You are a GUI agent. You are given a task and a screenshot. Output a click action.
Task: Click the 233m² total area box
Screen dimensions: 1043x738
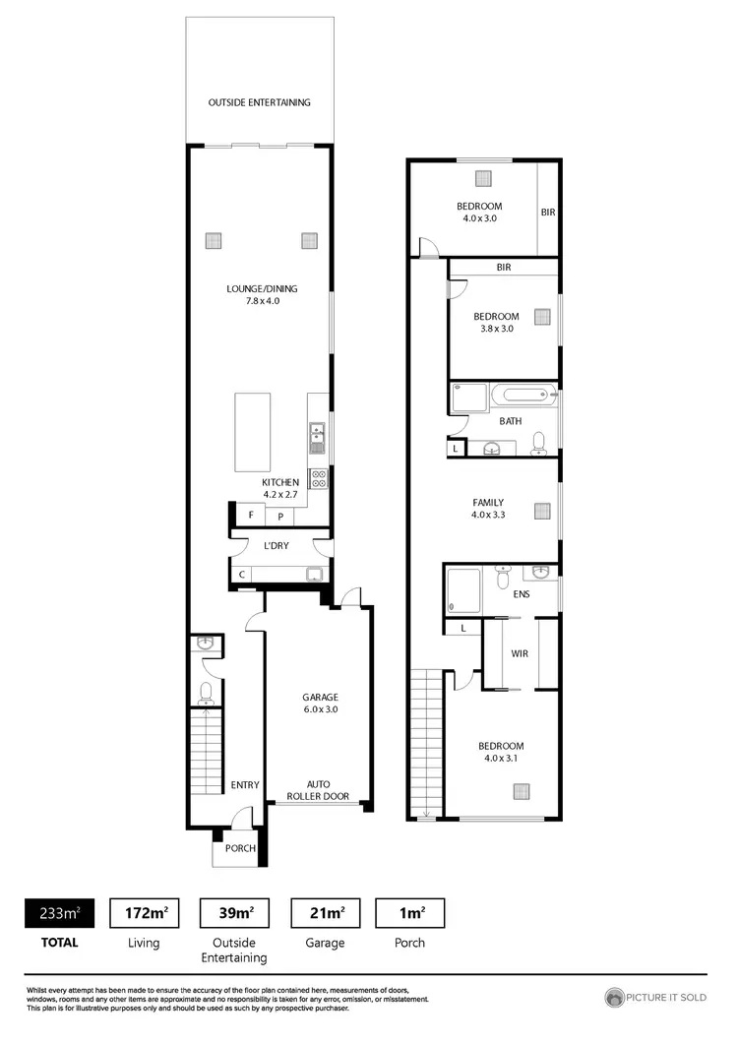[x=59, y=913]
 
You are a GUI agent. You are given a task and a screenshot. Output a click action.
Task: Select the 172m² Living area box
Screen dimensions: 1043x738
[x=144, y=913]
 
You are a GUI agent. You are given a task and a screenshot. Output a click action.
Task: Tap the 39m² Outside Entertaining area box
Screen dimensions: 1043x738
[x=234, y=913]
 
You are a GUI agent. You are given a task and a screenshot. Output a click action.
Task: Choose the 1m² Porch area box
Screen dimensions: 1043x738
[x=410, y=913]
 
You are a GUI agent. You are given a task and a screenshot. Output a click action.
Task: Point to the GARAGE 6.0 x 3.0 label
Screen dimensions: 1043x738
[x=320, y=703]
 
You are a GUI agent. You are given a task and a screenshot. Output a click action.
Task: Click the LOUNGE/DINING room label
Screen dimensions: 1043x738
[x=262, y=294]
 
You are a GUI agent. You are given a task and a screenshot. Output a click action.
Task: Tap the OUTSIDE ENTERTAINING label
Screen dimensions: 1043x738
[x=260, y=102]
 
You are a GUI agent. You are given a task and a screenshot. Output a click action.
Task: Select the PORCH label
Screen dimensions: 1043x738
[x=241, y=848]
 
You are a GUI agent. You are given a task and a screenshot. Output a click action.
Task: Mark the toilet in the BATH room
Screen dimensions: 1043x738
[x=538, y=444]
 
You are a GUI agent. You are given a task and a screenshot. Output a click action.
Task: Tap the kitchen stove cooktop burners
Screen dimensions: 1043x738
[x=319, y=478]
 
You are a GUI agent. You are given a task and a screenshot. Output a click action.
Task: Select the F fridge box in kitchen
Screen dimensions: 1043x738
[x=251, y=515]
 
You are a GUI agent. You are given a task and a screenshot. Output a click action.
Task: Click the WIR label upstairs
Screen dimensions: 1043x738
[x=521, y=653]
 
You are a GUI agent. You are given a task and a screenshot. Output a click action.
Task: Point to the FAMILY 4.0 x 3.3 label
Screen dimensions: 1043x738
[x=494, y=508]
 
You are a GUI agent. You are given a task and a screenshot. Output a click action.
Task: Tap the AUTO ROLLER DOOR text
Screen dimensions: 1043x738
[x=320, y=789]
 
